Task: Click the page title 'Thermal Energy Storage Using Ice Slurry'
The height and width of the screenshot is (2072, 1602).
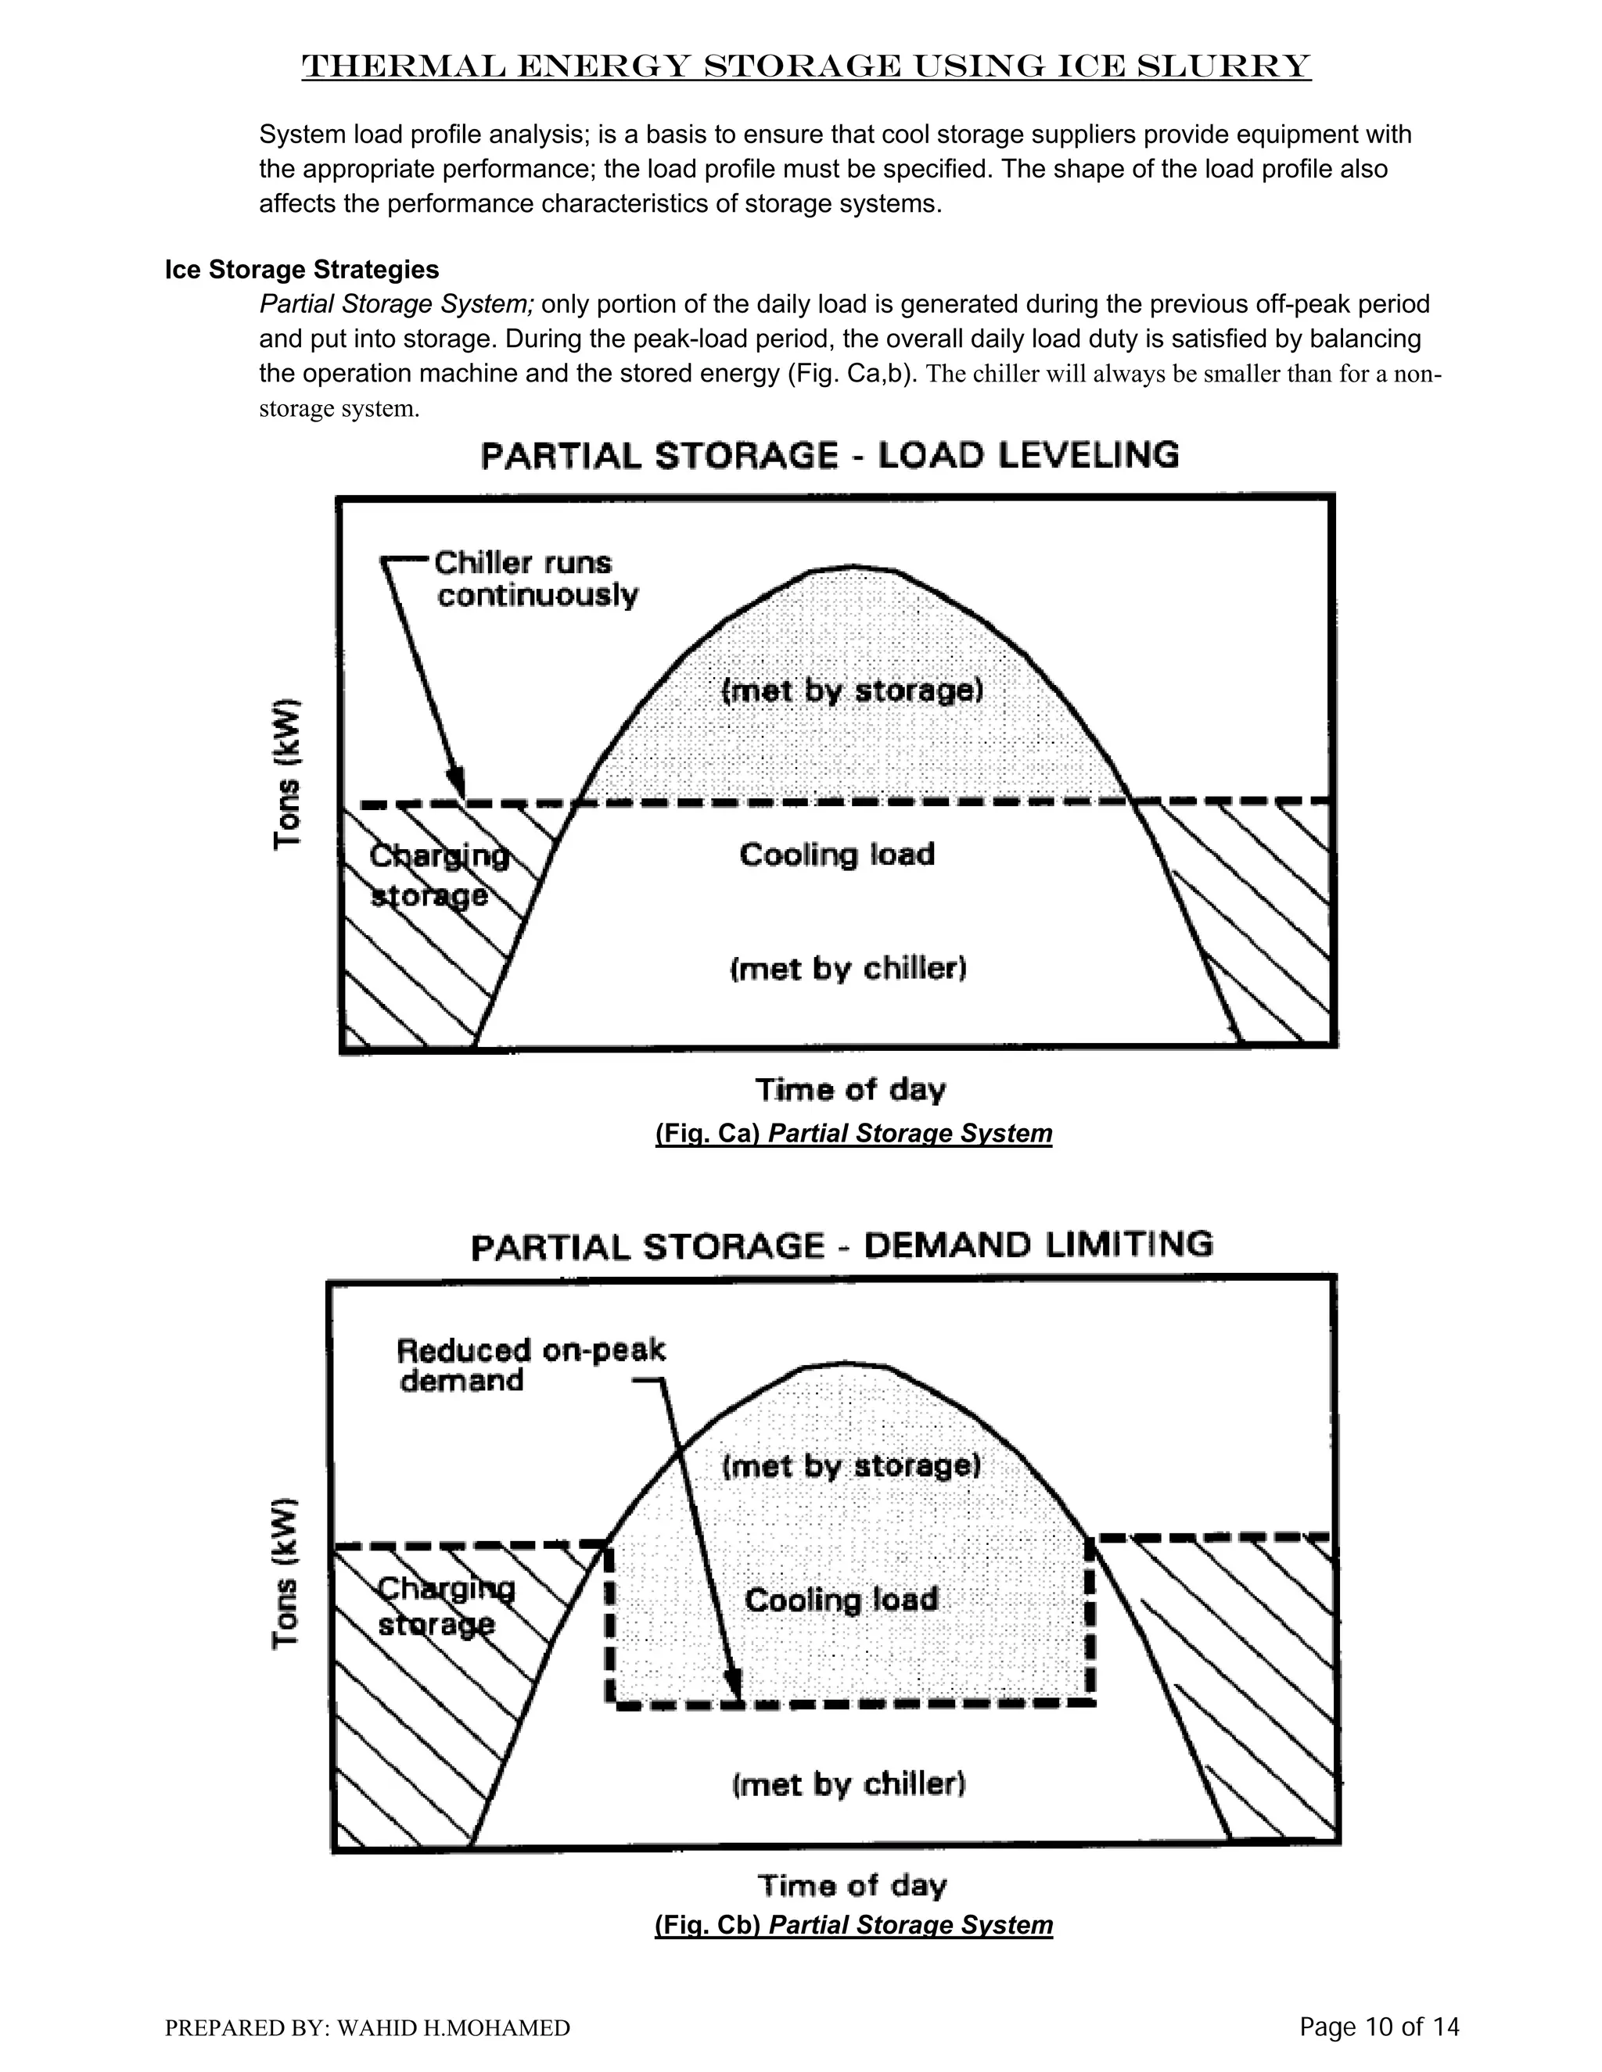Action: [806, 66]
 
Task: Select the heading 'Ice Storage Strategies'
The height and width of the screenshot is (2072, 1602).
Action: [302, 270]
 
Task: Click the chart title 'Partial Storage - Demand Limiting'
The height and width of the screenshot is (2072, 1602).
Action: [842, 1244]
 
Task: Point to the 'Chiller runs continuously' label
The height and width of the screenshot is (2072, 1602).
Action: [536, 579]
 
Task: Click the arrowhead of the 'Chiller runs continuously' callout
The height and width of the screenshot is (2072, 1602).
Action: [458, 787]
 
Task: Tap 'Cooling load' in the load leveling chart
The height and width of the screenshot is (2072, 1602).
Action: [837, 855]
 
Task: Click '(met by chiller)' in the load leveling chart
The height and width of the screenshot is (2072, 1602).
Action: [847, 969]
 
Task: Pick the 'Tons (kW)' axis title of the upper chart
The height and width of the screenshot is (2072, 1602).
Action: [288, 773]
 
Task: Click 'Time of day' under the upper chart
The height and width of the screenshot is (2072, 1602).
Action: [850, 1090]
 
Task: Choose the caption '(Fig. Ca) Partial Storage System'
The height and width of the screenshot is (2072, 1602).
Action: [853, 1134]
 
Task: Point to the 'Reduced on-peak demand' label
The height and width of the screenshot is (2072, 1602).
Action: [530, 1364]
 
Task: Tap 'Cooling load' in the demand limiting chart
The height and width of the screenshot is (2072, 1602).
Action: [842, 1601]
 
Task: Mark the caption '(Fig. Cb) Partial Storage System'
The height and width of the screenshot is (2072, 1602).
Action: [853, 1924]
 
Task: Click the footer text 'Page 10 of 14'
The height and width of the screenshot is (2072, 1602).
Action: [1379, 2027]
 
